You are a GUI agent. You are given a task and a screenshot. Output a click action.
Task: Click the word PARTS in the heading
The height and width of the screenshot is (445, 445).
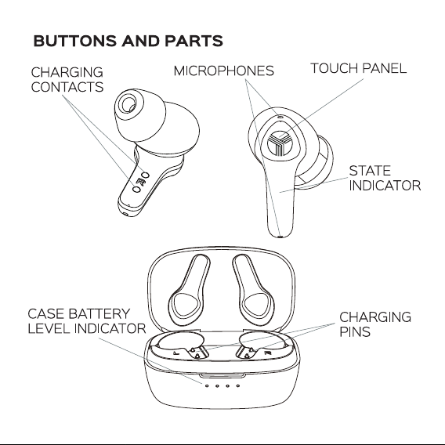click(194, 41)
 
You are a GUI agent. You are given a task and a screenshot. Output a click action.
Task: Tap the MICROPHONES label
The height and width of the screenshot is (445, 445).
click(224, 71)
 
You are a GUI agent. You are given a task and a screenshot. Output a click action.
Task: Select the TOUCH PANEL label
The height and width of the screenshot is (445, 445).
click(359, 68)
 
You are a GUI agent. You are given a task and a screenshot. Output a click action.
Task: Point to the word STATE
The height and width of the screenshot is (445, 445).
click(370, 171)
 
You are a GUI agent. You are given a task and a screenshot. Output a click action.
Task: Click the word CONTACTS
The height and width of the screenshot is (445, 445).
click(67, 87)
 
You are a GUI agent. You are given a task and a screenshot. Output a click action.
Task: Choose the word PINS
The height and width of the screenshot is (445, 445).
click(355, 331)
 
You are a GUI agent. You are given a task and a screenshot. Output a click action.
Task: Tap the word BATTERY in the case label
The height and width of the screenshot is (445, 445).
click(99, 314)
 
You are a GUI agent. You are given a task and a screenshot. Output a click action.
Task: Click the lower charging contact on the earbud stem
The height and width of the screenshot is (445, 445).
click(137, 189)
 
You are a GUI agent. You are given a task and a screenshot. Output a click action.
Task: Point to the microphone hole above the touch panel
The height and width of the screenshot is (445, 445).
click(280, 117)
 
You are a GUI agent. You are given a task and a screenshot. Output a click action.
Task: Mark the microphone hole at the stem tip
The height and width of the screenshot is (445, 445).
click(280, 236)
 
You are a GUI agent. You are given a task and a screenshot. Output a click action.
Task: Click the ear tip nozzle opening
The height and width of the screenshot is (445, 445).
click(132, 108)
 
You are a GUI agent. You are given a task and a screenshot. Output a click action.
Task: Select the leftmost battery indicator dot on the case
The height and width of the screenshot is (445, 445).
click(207, 385)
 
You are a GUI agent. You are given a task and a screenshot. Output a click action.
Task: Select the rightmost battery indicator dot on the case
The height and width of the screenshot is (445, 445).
click(238, 385)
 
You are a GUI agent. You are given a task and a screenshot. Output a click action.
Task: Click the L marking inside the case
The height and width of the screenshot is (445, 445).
click(176, 353)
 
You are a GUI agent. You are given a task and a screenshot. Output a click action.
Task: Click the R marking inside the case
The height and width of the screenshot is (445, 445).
click(268, 353)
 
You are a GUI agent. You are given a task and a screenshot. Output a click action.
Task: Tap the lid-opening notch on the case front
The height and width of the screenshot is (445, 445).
click(222, 376)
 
